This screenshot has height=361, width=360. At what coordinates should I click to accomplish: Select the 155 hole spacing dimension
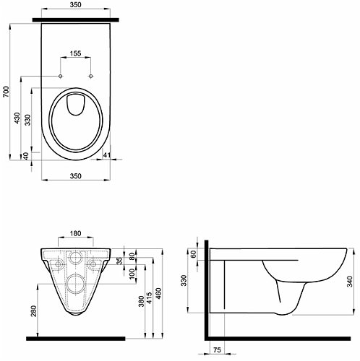(x=75, y=53)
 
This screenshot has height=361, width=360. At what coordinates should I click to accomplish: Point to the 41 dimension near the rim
(x=106, y=155)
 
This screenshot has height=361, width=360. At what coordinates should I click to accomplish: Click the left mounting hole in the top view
(x=60, y=76)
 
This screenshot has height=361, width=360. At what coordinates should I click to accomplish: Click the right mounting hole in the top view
(x=90, y=76)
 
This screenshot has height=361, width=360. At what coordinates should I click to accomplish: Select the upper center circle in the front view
(x=75, y=258)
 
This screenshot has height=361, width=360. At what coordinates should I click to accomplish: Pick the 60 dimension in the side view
(x=194, y=253)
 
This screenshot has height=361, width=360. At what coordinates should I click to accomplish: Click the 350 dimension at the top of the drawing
(x=75, y=4)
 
